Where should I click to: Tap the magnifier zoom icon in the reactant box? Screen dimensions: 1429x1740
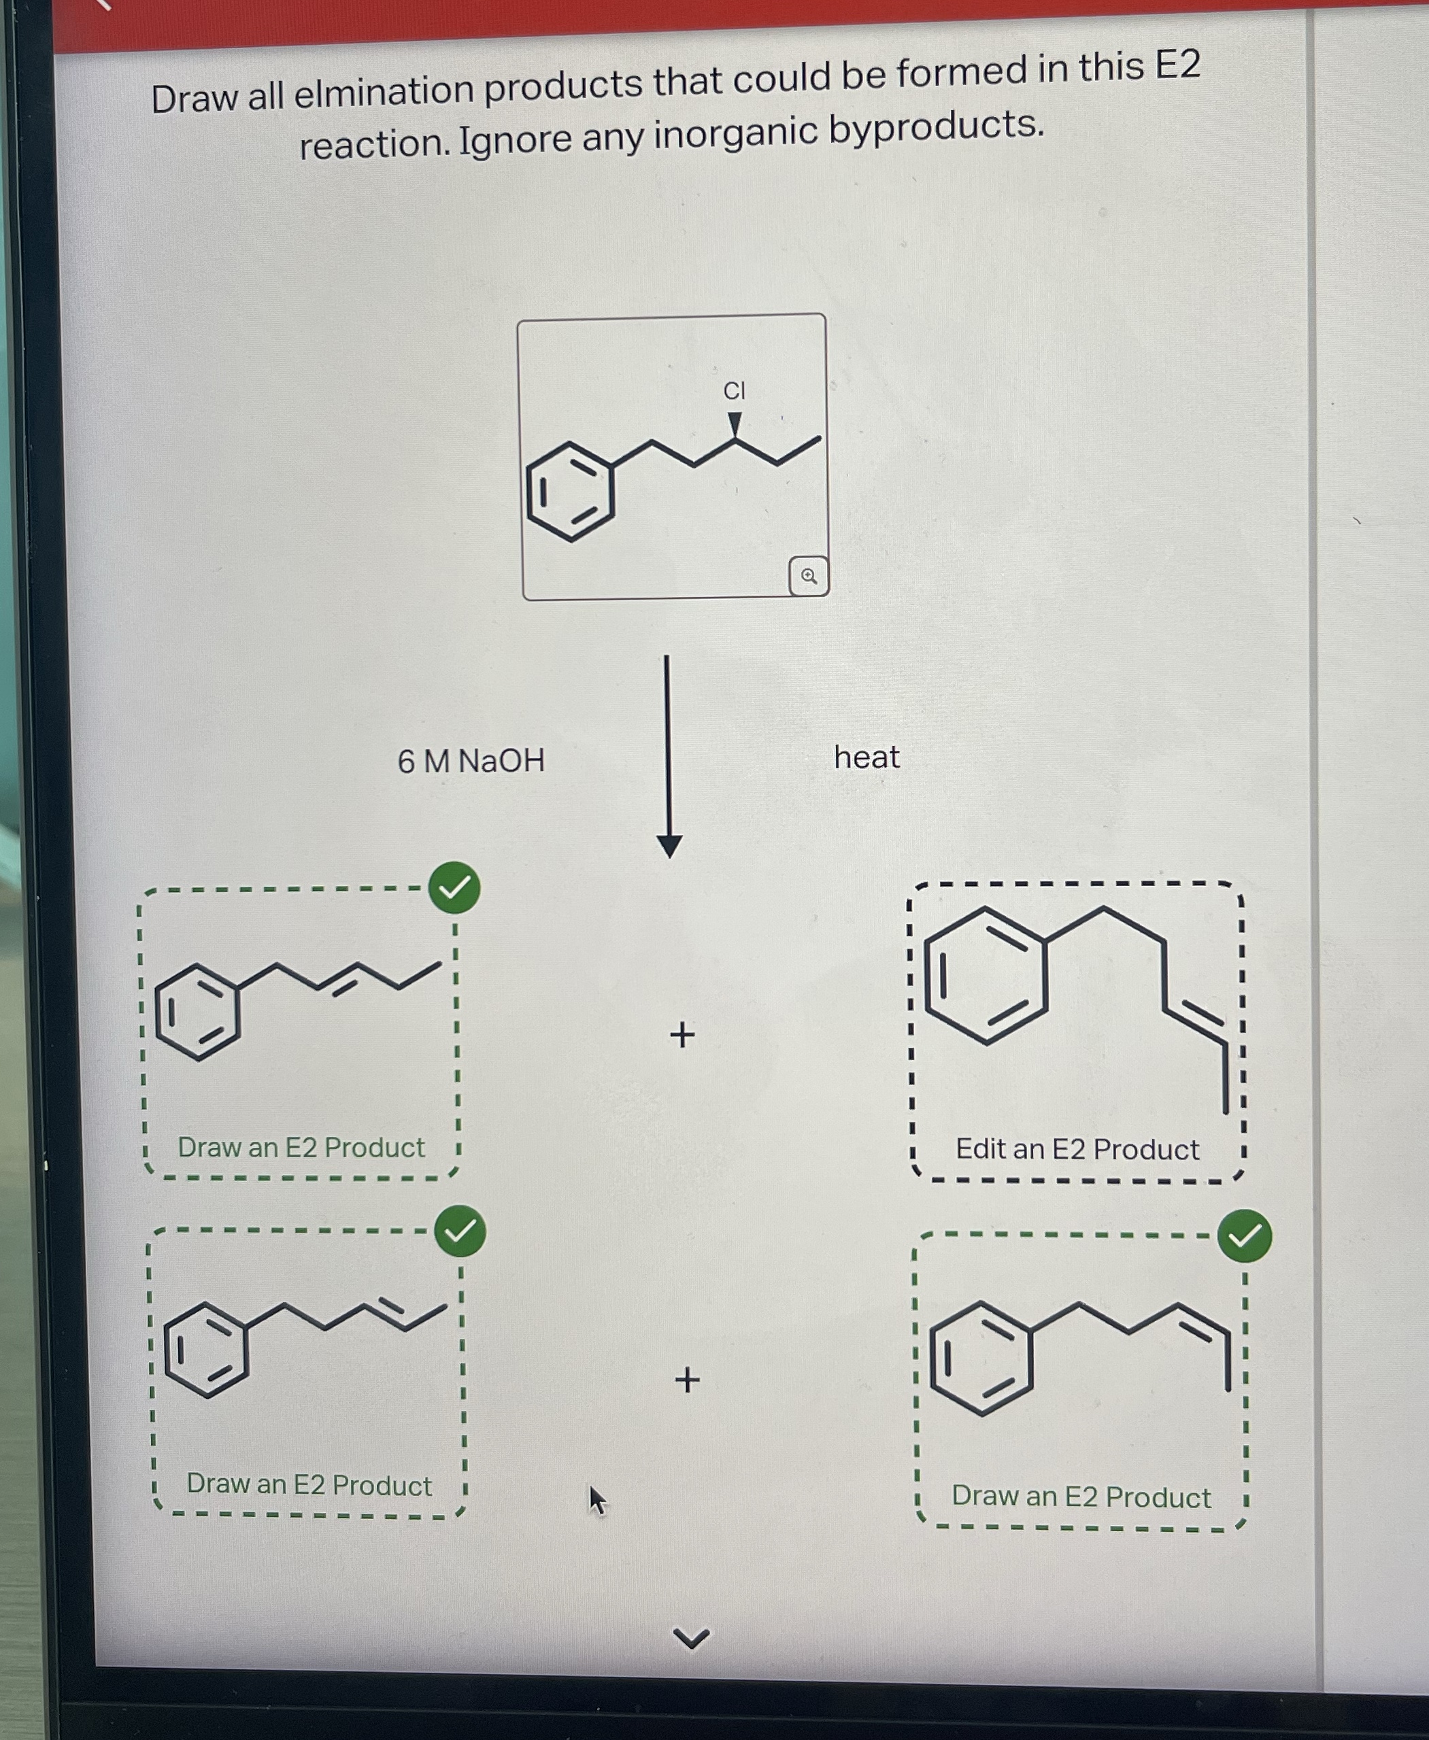pos(808,576)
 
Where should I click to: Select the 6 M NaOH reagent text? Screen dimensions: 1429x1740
pos(471,761)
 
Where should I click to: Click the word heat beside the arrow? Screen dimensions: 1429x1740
pos(866,757)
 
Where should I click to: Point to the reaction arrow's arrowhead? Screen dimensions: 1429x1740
pos(669,845)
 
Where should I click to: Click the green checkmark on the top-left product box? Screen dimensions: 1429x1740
pos(454,889)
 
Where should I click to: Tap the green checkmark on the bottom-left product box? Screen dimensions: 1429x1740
pos(460,1231)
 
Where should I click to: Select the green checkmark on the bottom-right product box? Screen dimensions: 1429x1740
pos(1245,1235)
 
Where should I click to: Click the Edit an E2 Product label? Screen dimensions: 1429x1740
pos(1077,1149)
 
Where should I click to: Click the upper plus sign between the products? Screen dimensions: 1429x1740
pos(682,1034)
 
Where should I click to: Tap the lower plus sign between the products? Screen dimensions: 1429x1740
pos(686,1380)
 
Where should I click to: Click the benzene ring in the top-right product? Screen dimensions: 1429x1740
pos(986,976)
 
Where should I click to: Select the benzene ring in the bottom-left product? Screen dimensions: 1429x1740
pos(206,1350)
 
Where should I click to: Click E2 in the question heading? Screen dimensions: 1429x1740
pos(1177,66)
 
